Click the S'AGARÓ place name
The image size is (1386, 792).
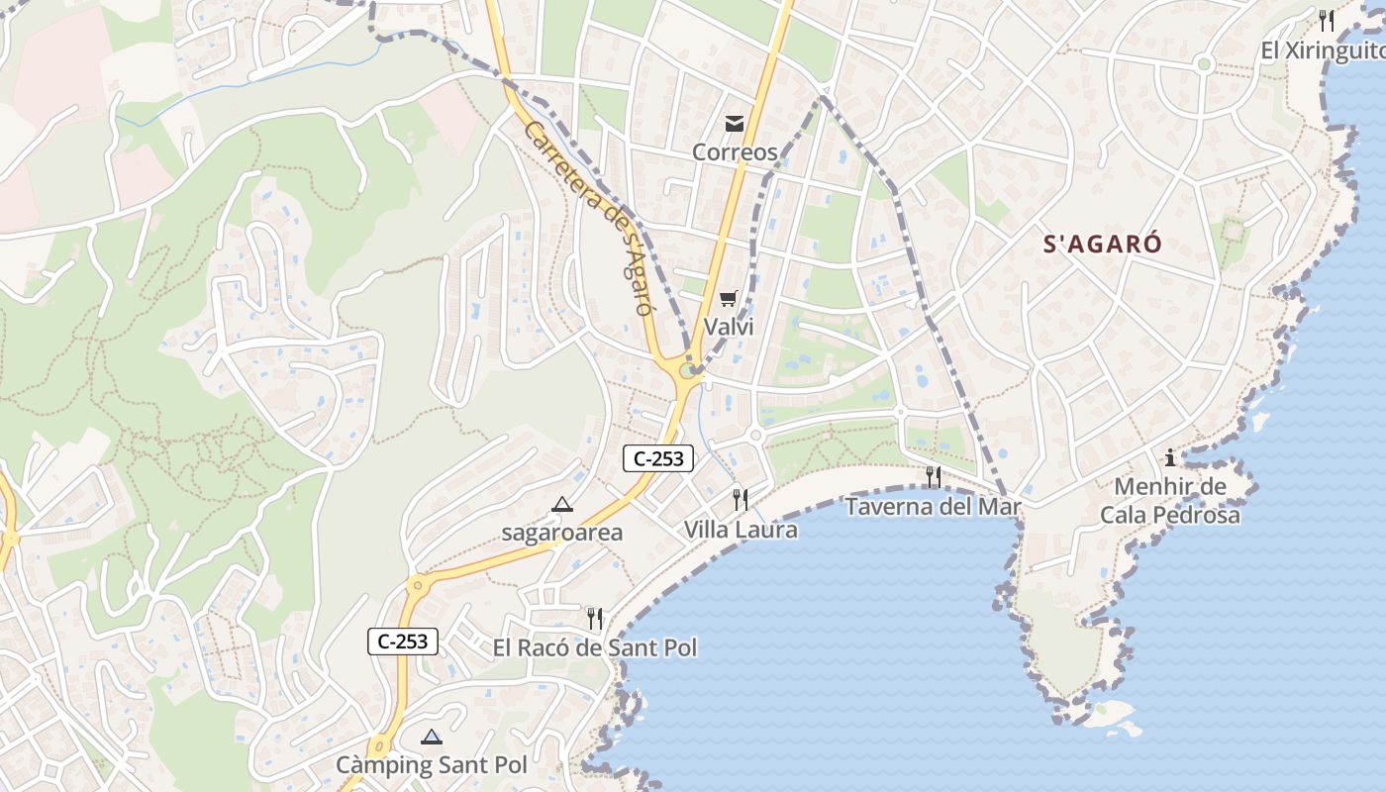tap(1103, 244)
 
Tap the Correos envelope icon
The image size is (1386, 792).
tap(735, 124)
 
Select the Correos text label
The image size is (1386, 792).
tap(735, 152)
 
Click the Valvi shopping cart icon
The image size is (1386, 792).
tap(729, 298)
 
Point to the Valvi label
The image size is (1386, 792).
tap(729, 326)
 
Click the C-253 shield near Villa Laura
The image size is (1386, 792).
tap(658, 458)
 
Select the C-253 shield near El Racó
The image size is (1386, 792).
tap(404, 642)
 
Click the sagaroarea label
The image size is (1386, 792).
tap(562, 533)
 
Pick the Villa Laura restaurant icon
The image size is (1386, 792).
tap(740, 499)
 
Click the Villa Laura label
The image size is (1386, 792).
tap(741, 530)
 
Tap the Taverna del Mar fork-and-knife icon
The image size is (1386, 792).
tap(933, 477)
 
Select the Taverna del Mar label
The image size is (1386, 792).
tap(933, 507)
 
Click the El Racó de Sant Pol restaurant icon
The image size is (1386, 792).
tap(594, 619)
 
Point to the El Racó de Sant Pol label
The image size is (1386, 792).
tap(595, 648)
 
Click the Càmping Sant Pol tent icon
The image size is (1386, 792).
tap(431, 737)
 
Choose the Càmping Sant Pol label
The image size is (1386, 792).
tap(432, 765)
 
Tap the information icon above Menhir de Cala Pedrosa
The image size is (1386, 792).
tap(1170, 457)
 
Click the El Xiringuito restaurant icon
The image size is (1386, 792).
tap(1327, 20)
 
